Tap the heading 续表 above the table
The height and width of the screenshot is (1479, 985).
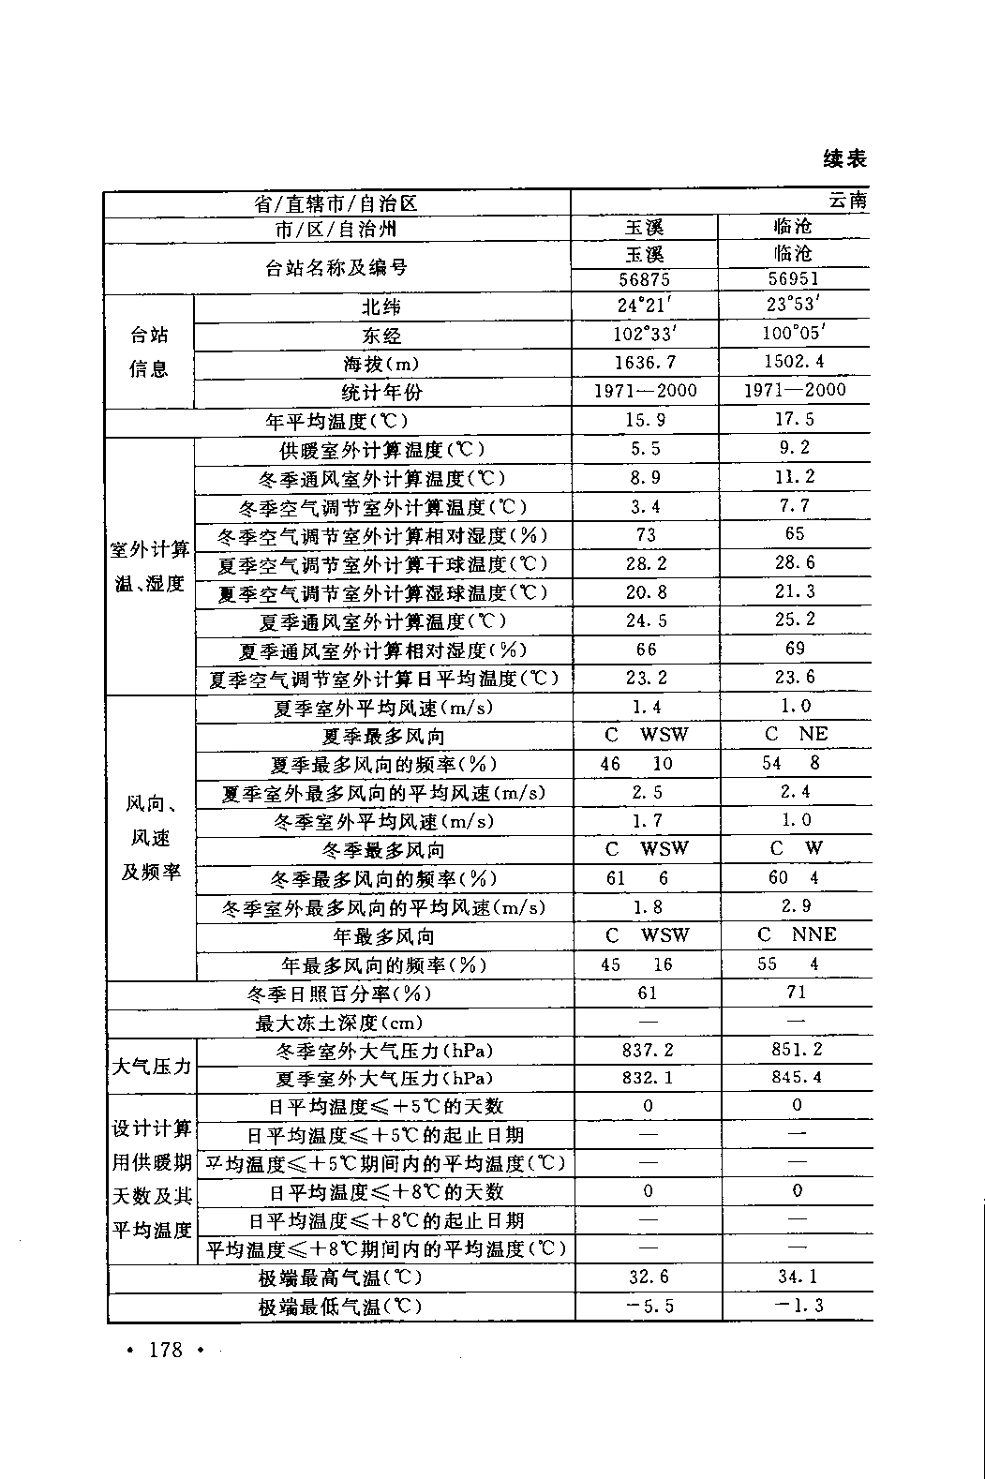click(845, 158)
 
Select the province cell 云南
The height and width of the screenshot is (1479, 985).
click(847, 201)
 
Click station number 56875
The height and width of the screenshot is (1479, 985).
click(645, 278)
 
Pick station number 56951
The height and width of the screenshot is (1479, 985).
click(793, 278)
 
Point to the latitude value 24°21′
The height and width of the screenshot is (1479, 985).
click(645, 306)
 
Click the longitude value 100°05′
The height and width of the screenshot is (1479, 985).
click(794, 334)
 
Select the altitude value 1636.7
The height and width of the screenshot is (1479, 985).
click(645, 363)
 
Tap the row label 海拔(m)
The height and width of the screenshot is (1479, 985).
click(381, 364)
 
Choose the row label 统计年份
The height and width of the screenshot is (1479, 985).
click(381, 392)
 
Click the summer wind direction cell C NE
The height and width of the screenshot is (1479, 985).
click(796, 735)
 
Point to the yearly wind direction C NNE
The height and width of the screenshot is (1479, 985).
click(796, 934)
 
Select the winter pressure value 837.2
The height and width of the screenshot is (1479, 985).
click(648, 1051)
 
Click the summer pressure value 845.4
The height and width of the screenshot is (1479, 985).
click(797, 1078)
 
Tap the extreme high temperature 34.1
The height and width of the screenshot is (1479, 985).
click(798, 1277)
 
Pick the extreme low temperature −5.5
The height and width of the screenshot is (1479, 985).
click(648, 1306)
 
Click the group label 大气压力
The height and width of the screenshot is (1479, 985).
click(152, 1066)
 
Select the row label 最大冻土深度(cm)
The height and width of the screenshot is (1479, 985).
click(339, 1023)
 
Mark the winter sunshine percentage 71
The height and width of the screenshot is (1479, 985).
click(797, 993)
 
